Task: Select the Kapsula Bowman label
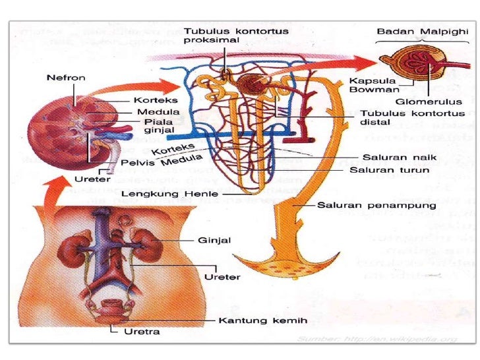[x=366, y=86]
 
